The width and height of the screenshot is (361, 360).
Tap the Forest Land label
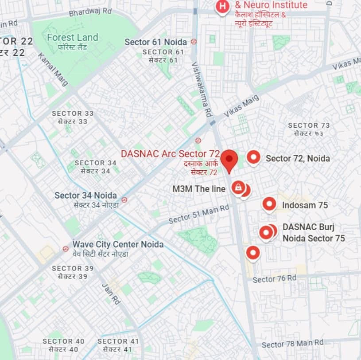click(x=72, y=38)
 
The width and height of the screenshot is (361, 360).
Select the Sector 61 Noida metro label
click(x=155, y=42)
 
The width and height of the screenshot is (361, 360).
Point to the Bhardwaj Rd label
click(x=91, y=12)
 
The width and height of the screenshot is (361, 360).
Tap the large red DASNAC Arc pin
click(x=229, y=160)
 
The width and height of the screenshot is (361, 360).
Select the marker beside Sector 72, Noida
click(x=253, y=157)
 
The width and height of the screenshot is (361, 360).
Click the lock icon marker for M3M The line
click(x=238, y=188)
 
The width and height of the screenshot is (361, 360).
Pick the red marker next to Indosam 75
click(x=269, y=204)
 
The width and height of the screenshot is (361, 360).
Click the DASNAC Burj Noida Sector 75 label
click(x=314, y=232)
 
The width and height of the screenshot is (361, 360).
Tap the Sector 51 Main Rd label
click(x=199, y=213)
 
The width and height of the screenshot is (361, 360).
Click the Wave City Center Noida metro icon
click(x=66, y=249)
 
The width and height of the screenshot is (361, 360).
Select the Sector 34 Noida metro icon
click(x=124, y=200)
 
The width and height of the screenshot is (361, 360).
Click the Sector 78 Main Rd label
click(x=292, y=344)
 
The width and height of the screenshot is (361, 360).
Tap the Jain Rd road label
click(x=111, y=294)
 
